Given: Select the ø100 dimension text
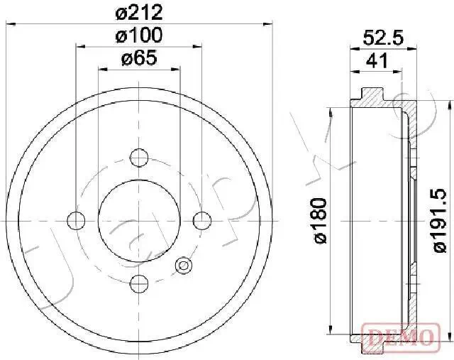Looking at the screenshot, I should point(139,35).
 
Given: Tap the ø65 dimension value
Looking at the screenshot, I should point(139,58).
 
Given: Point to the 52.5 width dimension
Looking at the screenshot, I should point(383,40).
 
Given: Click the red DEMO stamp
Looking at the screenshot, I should point(402,334).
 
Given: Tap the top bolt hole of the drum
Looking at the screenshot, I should point(140,156).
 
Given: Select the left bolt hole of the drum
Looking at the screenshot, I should point(76,220).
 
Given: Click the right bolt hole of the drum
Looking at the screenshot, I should point(203,220).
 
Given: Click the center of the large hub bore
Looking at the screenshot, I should point(139,220).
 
